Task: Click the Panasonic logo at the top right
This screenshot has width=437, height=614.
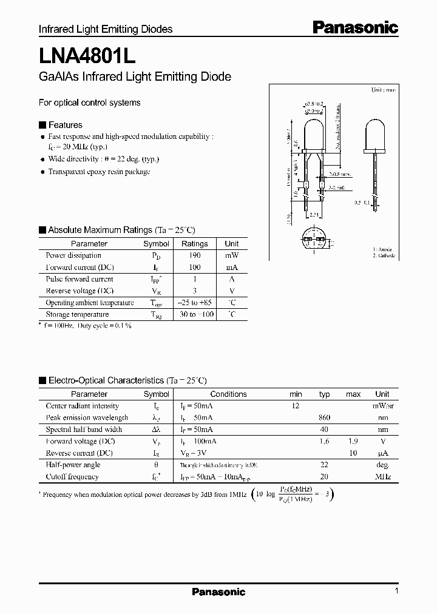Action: click(355, 27)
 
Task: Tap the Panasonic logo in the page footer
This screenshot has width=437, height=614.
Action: click(218, 592)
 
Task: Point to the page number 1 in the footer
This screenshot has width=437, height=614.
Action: click(396, 591)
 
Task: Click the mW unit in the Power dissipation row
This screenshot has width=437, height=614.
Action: click(231, 255)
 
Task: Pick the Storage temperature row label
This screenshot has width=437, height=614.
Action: click(77, 314)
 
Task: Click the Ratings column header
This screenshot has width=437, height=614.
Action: click(194, 243)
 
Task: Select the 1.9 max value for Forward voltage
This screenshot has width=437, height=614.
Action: click(353, 441)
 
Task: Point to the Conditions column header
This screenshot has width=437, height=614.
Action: click(228, 394)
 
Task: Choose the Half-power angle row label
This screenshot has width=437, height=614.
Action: click(73, 465)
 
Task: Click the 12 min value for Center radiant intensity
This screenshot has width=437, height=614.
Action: click(296, 406)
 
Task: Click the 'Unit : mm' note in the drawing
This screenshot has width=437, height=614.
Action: click(382, 90)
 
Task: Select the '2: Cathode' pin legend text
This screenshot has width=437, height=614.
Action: click(384, 255)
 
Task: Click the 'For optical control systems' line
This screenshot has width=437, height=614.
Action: click(89, 103)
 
